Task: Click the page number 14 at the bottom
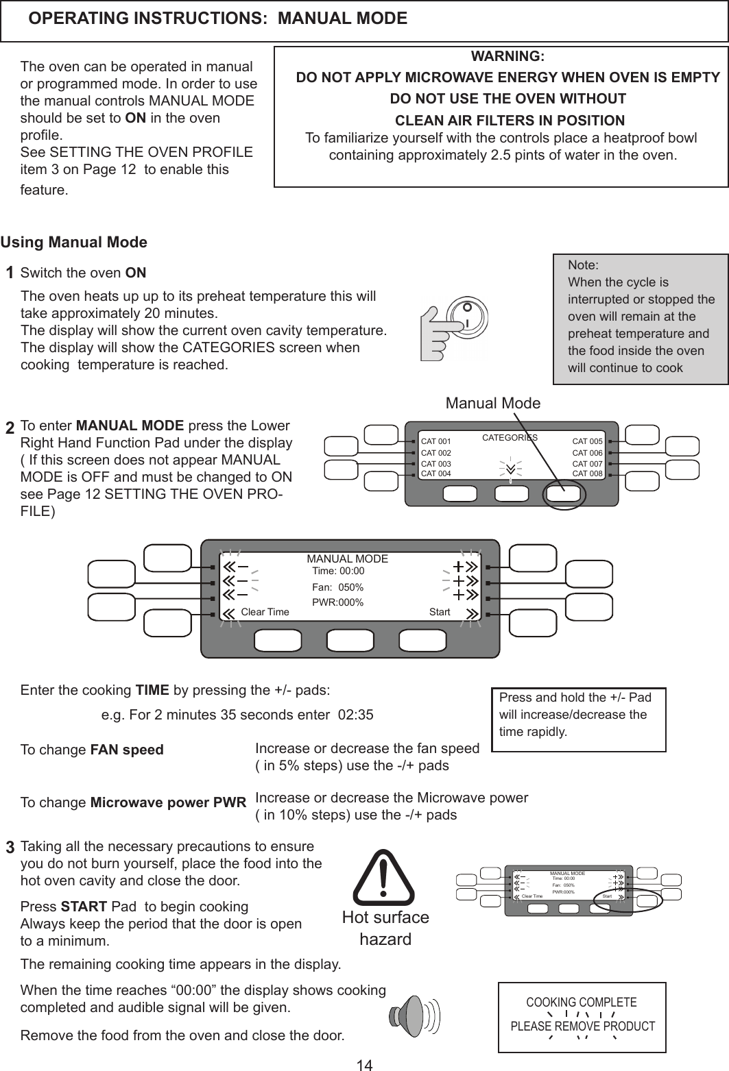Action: (364, 1064)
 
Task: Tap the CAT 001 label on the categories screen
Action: (435, 441)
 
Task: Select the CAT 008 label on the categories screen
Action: (587, 473)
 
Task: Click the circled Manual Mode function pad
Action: (564, 496)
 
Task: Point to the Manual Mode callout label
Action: (492, 403)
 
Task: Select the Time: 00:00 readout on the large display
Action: (338, 571)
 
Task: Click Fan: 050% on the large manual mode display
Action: (337, 587)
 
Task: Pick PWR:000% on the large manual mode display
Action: (337, 603)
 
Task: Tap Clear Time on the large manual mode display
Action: (265, 612)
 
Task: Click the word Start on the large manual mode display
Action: (440, 612)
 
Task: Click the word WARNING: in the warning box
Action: (507, 56)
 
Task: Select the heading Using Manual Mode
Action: (74, 243)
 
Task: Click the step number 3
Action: (10, 848)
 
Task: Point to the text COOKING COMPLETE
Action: (581, 1002)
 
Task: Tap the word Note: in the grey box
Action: (583, 265)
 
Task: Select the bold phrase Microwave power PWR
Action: (169, 802)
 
